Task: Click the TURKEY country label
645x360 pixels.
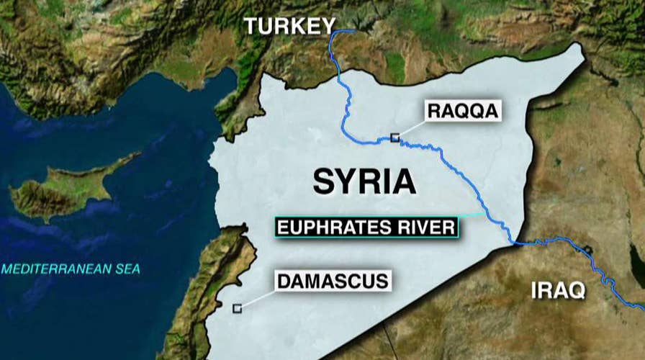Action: click(x=289, y=26)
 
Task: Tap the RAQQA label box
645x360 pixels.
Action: click(x=462, y=112)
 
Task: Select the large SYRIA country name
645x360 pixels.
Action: click(x=364, y=181)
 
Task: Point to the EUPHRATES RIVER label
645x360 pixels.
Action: click(x=366, y=228)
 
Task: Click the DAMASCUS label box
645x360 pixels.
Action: click(x=333, y=280)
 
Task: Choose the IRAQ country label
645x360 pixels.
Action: click(x=559, y=291)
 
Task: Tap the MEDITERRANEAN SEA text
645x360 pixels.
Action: click(x=71, y=269)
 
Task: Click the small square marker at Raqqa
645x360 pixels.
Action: click(x=394, y=138)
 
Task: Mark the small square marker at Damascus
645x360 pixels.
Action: click(x=237, y=308)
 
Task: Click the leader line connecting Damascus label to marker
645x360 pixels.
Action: click(x=258, y=299)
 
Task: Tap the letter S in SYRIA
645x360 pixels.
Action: click(x=324, y=181)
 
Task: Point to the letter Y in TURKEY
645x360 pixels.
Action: click(x=328, y=26)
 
